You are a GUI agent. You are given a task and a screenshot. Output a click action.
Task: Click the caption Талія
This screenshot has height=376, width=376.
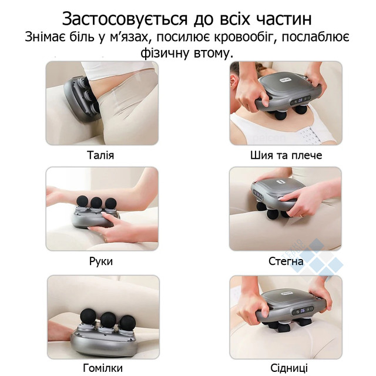pyautogui.click(x=100, y=155)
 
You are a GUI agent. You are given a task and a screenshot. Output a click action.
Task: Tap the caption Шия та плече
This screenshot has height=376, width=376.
pyautogui.click(x=286, y=155)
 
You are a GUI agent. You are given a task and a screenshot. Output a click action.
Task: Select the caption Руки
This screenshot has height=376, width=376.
pyautogui.click(x=101, y=261)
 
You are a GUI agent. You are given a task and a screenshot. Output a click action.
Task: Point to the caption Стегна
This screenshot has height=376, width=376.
pyautogui.click(x=286, y=261)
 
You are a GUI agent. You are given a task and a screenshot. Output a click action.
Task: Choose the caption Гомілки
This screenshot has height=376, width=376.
pyautogui.click(x=103, y=368)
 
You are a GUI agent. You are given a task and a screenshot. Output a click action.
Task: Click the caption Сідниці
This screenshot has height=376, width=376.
pyautogui.click(x=289, y=368)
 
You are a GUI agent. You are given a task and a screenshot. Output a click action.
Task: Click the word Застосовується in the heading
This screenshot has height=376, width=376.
pyautogui.click(x=125, y=19)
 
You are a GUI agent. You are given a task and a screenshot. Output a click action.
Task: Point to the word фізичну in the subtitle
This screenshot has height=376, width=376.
pyautogui.click(x=164, y=53)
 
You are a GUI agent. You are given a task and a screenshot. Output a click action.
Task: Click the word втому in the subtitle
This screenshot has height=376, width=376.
pyautogui.click(x=213, y=53)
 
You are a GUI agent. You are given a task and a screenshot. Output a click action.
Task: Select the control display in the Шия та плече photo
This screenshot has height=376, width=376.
pyautogui.click(x=300, y=99)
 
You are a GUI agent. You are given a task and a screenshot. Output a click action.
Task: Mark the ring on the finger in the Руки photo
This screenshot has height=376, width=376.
pyautogui.click(x=106, y=240)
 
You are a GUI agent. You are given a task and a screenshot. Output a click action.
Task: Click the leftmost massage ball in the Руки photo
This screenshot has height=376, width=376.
pyautogui.click(x=82, y=202)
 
